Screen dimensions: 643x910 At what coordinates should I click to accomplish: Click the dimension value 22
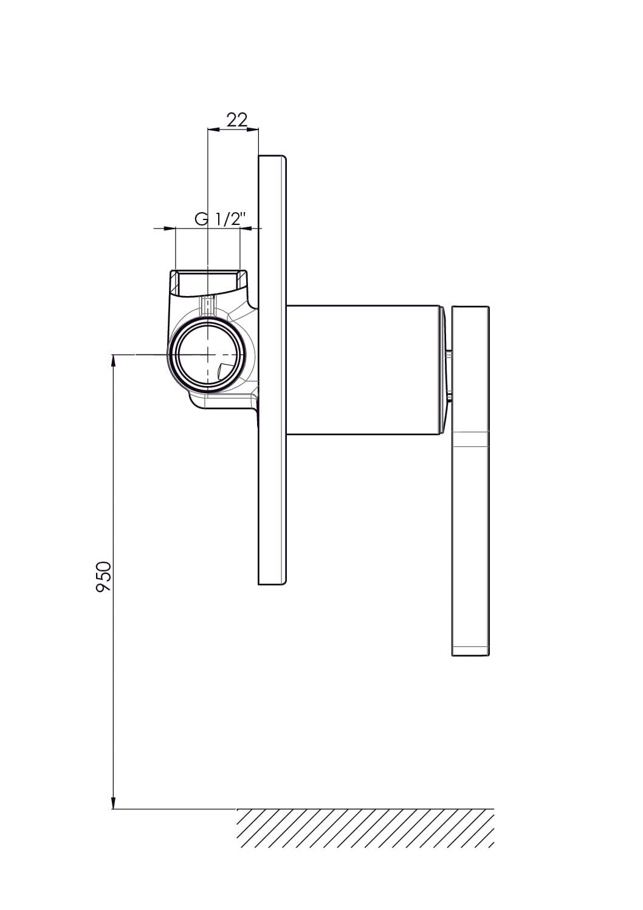click(x=237, y=120)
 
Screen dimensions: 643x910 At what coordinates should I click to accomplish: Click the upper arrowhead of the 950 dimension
click(x=113, y=360)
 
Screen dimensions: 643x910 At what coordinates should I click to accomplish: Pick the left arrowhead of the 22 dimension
click(x=214, y=129)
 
